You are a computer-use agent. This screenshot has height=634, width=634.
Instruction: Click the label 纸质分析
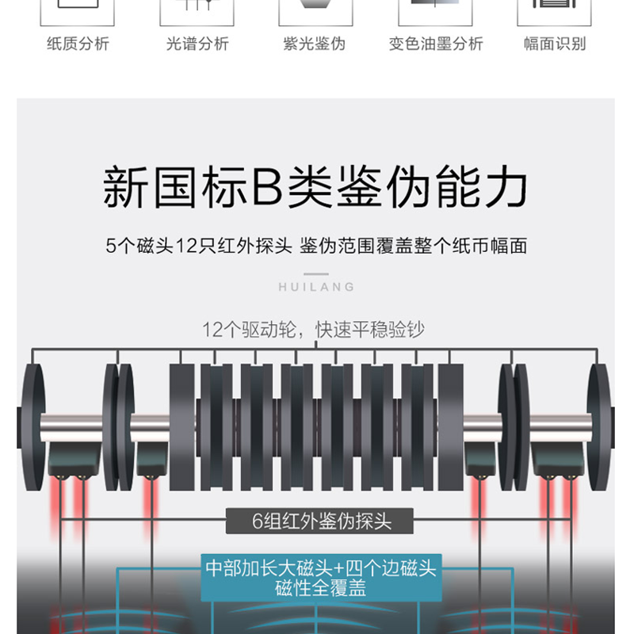[x=78, y=44]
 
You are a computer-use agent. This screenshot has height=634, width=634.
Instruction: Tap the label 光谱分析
[x=197, y=44]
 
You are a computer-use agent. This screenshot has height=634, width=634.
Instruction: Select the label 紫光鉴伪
[x=315, y=44]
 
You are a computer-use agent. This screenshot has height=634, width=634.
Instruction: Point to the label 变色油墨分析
[x=435, y=44]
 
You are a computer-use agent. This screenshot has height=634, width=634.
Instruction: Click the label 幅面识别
[x=555, y=44]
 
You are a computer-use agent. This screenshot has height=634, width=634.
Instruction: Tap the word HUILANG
[x=317, y=287]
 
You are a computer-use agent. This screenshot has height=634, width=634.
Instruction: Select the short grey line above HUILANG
[x=316, y=274]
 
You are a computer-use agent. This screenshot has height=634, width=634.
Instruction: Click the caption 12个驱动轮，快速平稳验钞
[x=314, y=329]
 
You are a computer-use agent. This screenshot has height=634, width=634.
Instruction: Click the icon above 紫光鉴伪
[x=315, y=12]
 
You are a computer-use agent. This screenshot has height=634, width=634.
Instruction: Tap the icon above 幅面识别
[x=555, y=12]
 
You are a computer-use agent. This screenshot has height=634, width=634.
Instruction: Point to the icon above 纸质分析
[x=78, y=12]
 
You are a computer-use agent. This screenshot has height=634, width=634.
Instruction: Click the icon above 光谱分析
[x=197, y=12]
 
